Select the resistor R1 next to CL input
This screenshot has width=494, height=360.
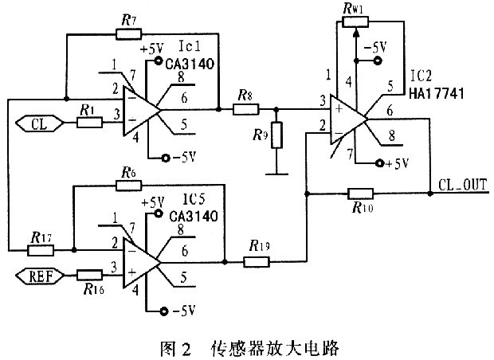coord(89,123)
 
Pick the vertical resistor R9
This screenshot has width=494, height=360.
coord(276,135)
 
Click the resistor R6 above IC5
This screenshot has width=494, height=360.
coord(127,186)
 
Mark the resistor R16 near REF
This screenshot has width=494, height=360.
coord(89,275)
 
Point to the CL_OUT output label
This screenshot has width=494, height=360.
coord(461,185)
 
